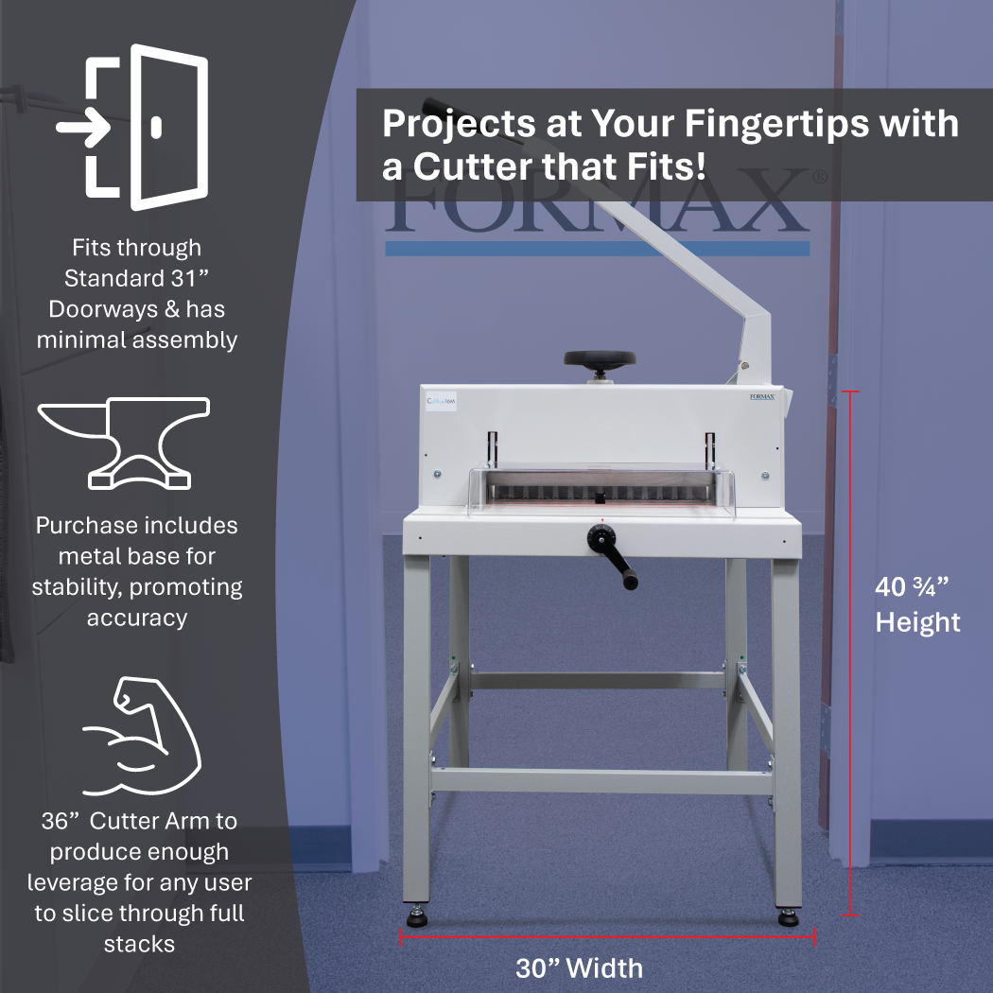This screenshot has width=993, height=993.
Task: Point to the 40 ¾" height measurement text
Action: point(912,587)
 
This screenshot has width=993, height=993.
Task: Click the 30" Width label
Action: point(579,968)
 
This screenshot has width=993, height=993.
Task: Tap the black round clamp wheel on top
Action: point(600,359)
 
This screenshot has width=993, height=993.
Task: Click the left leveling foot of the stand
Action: point(416,918)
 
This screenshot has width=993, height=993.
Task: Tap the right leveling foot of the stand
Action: point(787,918)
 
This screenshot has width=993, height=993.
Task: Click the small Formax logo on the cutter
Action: point(761,397)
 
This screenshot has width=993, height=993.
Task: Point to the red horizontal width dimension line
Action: point(605,936)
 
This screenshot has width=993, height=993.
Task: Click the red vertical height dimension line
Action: point(850,653)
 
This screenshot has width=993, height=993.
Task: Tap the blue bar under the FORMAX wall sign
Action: point(596,248)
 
